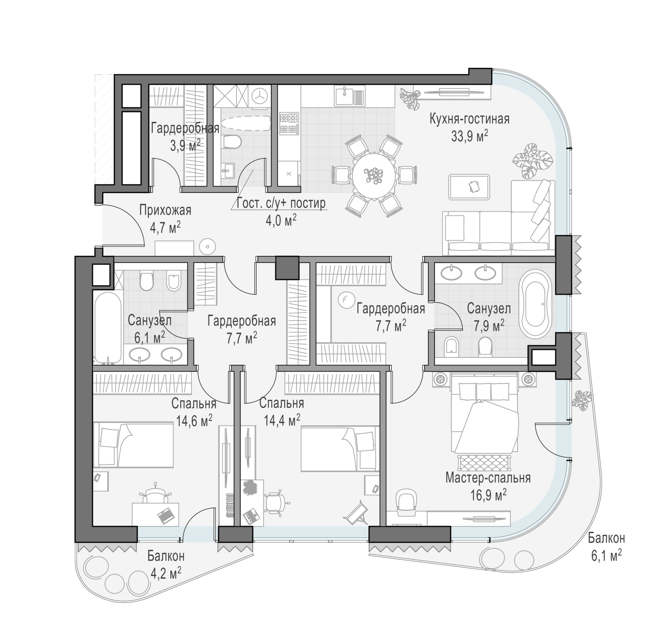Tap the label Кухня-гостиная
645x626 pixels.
coord(469,119)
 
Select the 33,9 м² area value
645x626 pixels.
coord(469,136)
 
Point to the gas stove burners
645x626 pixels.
coord(289,123)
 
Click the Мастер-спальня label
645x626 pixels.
coord(488,478)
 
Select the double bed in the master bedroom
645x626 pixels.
coord(484,413)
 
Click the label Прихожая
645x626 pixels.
coord(165,211)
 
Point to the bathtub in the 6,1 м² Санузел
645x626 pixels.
coord(107,328)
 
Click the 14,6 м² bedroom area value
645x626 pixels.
coord(194,420)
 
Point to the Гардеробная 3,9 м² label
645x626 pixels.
coord(185,135)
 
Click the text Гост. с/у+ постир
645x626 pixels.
coord(281,203)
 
